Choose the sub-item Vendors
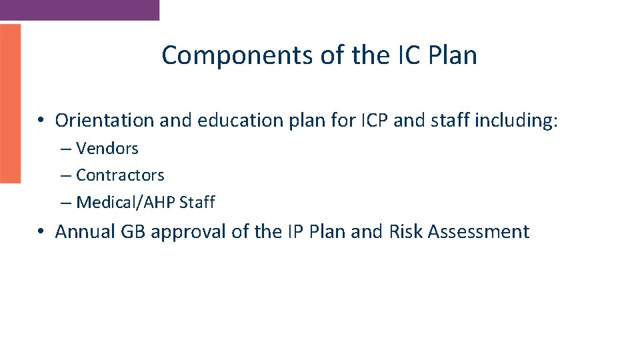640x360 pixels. pyautogui.click(x=107, y=148)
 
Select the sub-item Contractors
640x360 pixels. pyautogui.click(x=120, y=175)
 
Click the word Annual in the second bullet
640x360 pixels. pyautogui.click(x=85, y=232)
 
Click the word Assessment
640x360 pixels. pyautogui.click(x=479, y=232)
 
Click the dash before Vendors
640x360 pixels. pyautogui.click(x=65, y=149)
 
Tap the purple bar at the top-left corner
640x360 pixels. pyautogui.click(x=79, y=9)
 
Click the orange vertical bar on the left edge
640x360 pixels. pyautogui.click(x=10, y=103)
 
